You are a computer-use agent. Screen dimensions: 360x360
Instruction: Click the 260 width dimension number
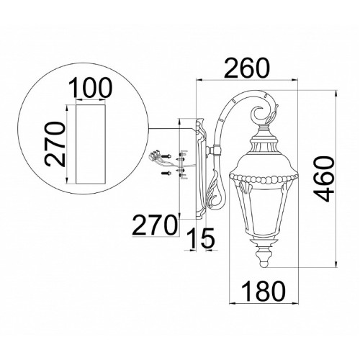[x=247, y=68]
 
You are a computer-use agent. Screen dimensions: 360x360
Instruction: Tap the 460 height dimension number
[x=324, y=179]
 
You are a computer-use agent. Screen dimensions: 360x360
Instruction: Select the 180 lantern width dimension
[x=264, y=292]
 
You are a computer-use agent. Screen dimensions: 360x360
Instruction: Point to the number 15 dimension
[x=201, y=238]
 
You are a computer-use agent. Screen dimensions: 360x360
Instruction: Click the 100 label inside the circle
[x=91, y=88]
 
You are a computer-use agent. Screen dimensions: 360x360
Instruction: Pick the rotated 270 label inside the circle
[x=55, y=144]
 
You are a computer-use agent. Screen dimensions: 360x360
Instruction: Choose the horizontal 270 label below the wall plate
[x=154, y=225]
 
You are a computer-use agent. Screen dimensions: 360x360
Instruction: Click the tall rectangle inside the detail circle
[x=91, y=144]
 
